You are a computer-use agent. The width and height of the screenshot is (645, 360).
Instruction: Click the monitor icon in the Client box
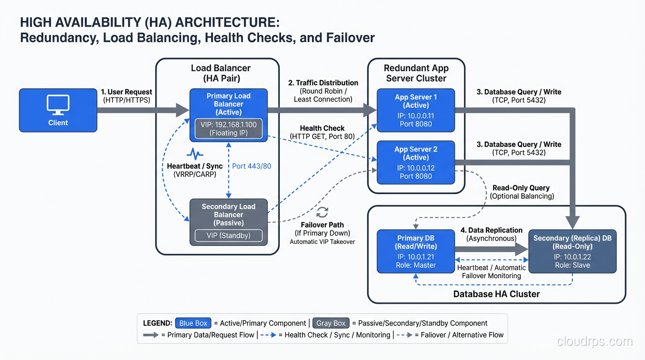point(58,105)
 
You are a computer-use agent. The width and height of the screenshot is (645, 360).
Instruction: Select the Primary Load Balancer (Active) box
point(228,104)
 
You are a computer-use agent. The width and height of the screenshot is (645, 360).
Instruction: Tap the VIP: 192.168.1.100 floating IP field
point(228,128)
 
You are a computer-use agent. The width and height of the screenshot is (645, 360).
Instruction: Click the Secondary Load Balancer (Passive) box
point(228,215)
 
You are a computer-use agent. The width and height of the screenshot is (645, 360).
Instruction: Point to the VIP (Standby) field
point(228,235)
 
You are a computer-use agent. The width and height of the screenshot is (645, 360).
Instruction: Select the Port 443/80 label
point(252,166)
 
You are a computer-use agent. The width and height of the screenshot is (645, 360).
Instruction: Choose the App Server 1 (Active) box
point(416,110)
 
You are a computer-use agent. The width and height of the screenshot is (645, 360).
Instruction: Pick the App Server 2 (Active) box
point(416,162)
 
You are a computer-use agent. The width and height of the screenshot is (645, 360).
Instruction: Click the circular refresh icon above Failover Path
point(322,212)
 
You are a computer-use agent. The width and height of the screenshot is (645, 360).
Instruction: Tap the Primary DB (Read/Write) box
point(416,251)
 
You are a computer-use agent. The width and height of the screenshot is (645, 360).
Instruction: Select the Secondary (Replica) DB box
point(572,251)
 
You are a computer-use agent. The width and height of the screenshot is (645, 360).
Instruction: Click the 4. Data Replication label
point(491,230)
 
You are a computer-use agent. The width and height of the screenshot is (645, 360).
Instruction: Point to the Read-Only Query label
point(521,187)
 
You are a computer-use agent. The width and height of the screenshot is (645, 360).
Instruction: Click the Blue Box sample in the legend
point(193,323)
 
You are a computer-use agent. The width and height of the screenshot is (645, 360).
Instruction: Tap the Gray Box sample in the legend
point(331,323)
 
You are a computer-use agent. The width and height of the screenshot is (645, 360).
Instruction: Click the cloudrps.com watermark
point(594,342)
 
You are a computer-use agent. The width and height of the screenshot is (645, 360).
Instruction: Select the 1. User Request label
point(126,92)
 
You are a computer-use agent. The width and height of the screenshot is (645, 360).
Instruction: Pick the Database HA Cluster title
point(496,294)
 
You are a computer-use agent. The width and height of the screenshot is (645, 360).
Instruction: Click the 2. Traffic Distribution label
point(323,82)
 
